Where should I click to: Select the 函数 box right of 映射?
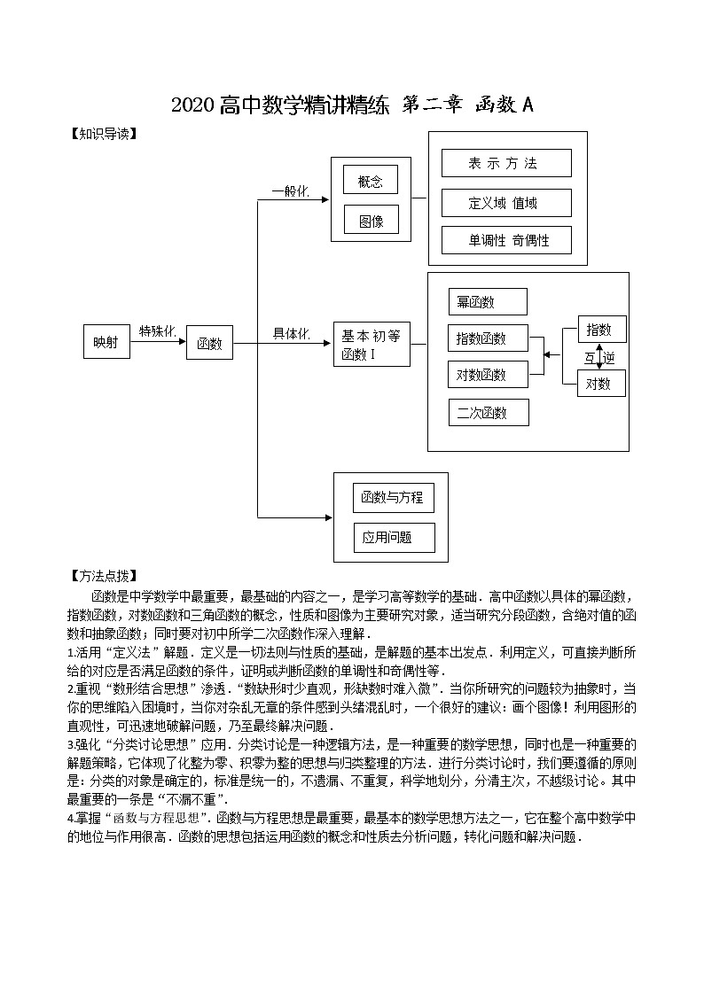[209, 343]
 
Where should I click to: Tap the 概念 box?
[371, 181]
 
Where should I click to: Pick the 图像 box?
[371, 221]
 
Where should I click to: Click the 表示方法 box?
[506, 163]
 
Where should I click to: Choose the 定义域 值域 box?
[506, 203]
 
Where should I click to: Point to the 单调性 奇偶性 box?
[506, 240]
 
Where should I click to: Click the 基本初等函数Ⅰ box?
[372, 345]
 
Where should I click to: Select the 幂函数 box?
[487, 301]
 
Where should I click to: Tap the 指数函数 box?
[488, 338]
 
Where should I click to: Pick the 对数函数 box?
[488, 375]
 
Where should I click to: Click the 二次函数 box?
[488, 412]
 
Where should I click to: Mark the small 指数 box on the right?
[601, 330]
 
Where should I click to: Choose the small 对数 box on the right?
[601, 384]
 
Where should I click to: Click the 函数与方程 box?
[390, 497]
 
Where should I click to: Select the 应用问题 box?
[390, 537]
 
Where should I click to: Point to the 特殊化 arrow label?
[158, 331]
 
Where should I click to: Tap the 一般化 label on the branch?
[290, 191]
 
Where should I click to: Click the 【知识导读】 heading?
[105, 135]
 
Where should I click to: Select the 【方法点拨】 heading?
[105, 575]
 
